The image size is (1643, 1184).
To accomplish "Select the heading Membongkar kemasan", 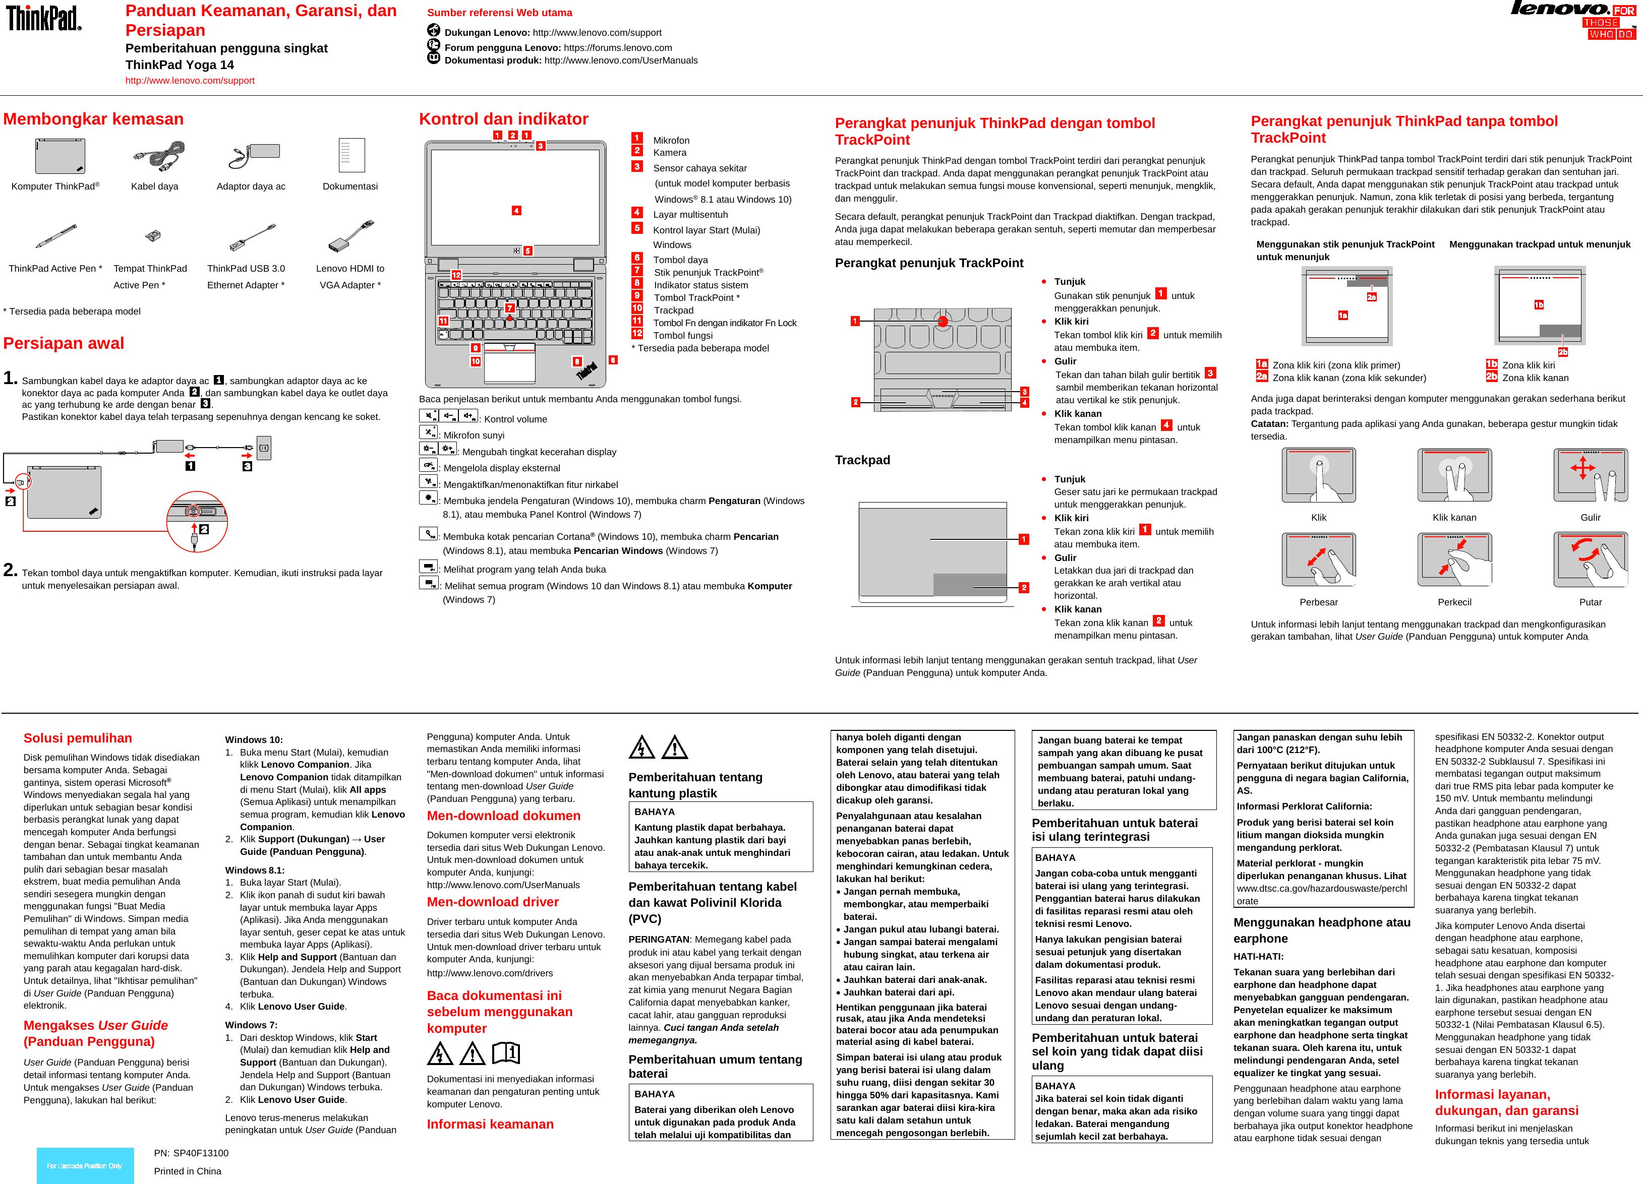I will tap(93, 119).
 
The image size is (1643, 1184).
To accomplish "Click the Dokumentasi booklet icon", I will tap(351, 155).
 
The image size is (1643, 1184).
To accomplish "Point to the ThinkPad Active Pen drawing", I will tap(56, 236).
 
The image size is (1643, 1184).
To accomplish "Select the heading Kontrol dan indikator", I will tap(503, 119).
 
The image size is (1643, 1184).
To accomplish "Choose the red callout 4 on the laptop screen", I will tap(516, 211).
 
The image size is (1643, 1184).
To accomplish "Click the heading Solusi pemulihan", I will tap(78, 738).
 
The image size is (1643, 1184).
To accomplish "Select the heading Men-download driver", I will tap(493, 902).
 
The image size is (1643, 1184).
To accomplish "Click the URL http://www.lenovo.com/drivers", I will tap(490, 972).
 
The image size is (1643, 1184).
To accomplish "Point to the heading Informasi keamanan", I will tap(490, 1124).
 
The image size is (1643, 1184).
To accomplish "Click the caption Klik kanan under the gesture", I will tap(1454, 517).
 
